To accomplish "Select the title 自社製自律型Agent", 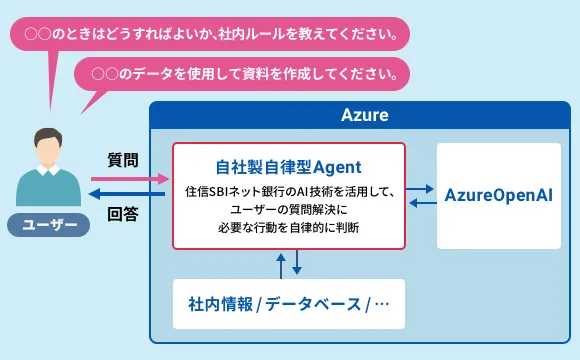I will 288,166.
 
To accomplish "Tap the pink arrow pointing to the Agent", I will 130,178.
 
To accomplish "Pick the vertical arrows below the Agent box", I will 288,263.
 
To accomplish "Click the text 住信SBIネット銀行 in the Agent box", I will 235,190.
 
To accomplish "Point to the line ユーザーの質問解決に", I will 288,209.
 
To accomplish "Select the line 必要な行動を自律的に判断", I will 288,228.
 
